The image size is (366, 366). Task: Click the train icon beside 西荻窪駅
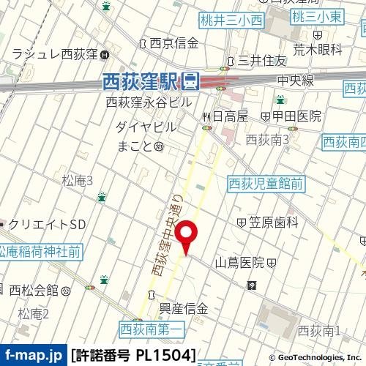190,82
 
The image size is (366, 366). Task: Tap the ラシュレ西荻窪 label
56,54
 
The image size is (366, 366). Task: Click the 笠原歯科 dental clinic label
273,222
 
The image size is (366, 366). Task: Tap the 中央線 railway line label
296,80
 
